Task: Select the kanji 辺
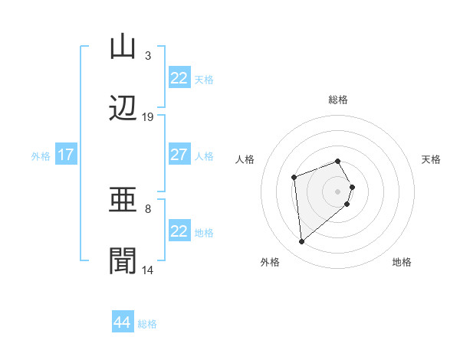tap(123, 109)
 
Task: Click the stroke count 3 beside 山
tap(147, 56)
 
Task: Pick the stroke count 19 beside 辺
tap(148, 117)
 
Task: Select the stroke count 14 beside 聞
tap(148, 270)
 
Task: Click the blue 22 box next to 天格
tap(179, 78)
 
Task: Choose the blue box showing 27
tap(179, 155)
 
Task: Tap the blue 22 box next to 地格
tap(179, 231)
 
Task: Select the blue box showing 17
tap(66, 155)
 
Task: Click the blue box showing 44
tap(123, 322)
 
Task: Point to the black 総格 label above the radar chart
tap(338, 100)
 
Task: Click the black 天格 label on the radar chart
tap(431, 159)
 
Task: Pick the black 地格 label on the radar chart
tap(402, 262)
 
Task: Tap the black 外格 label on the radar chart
tap(270, 262)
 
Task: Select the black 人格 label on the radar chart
tap(245, 159)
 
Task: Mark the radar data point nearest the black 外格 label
tap(302, 242)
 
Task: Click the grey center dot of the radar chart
tap(338, 190)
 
